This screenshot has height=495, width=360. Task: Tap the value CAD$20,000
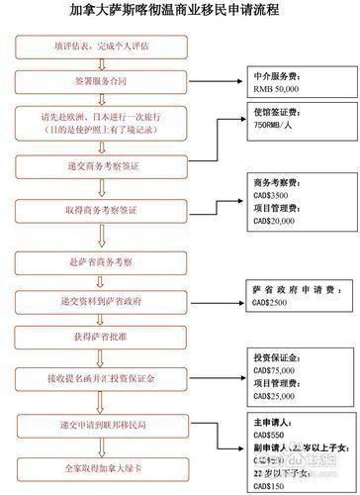click(x=275, y=221)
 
